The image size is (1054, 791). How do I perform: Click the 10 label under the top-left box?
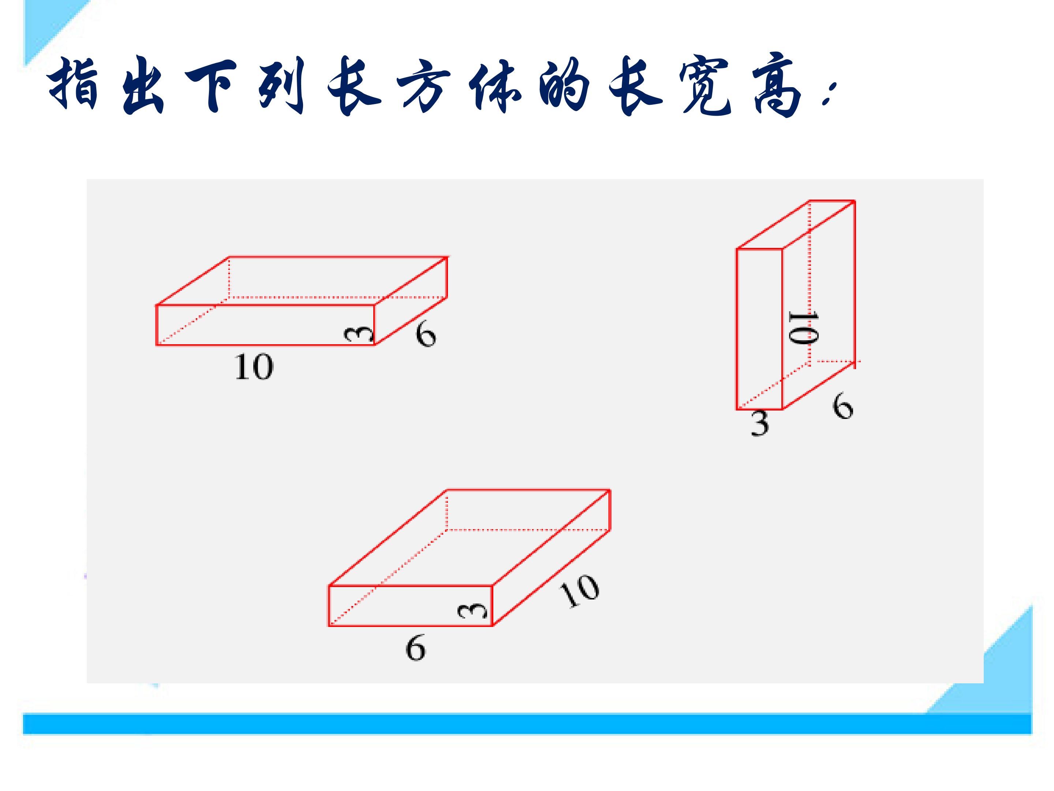pos(254,367)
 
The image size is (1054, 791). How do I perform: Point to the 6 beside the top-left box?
pos(426,334)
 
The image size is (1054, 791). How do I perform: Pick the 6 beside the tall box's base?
pos(842,406)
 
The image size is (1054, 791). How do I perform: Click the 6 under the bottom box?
pos(415,648)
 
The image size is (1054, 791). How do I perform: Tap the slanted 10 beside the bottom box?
pos(579,591)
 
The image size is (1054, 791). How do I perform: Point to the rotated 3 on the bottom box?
pos(473,611)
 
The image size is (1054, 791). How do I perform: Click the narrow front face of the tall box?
pos(759,329)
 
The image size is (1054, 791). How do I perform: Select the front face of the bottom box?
pos(410,606)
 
